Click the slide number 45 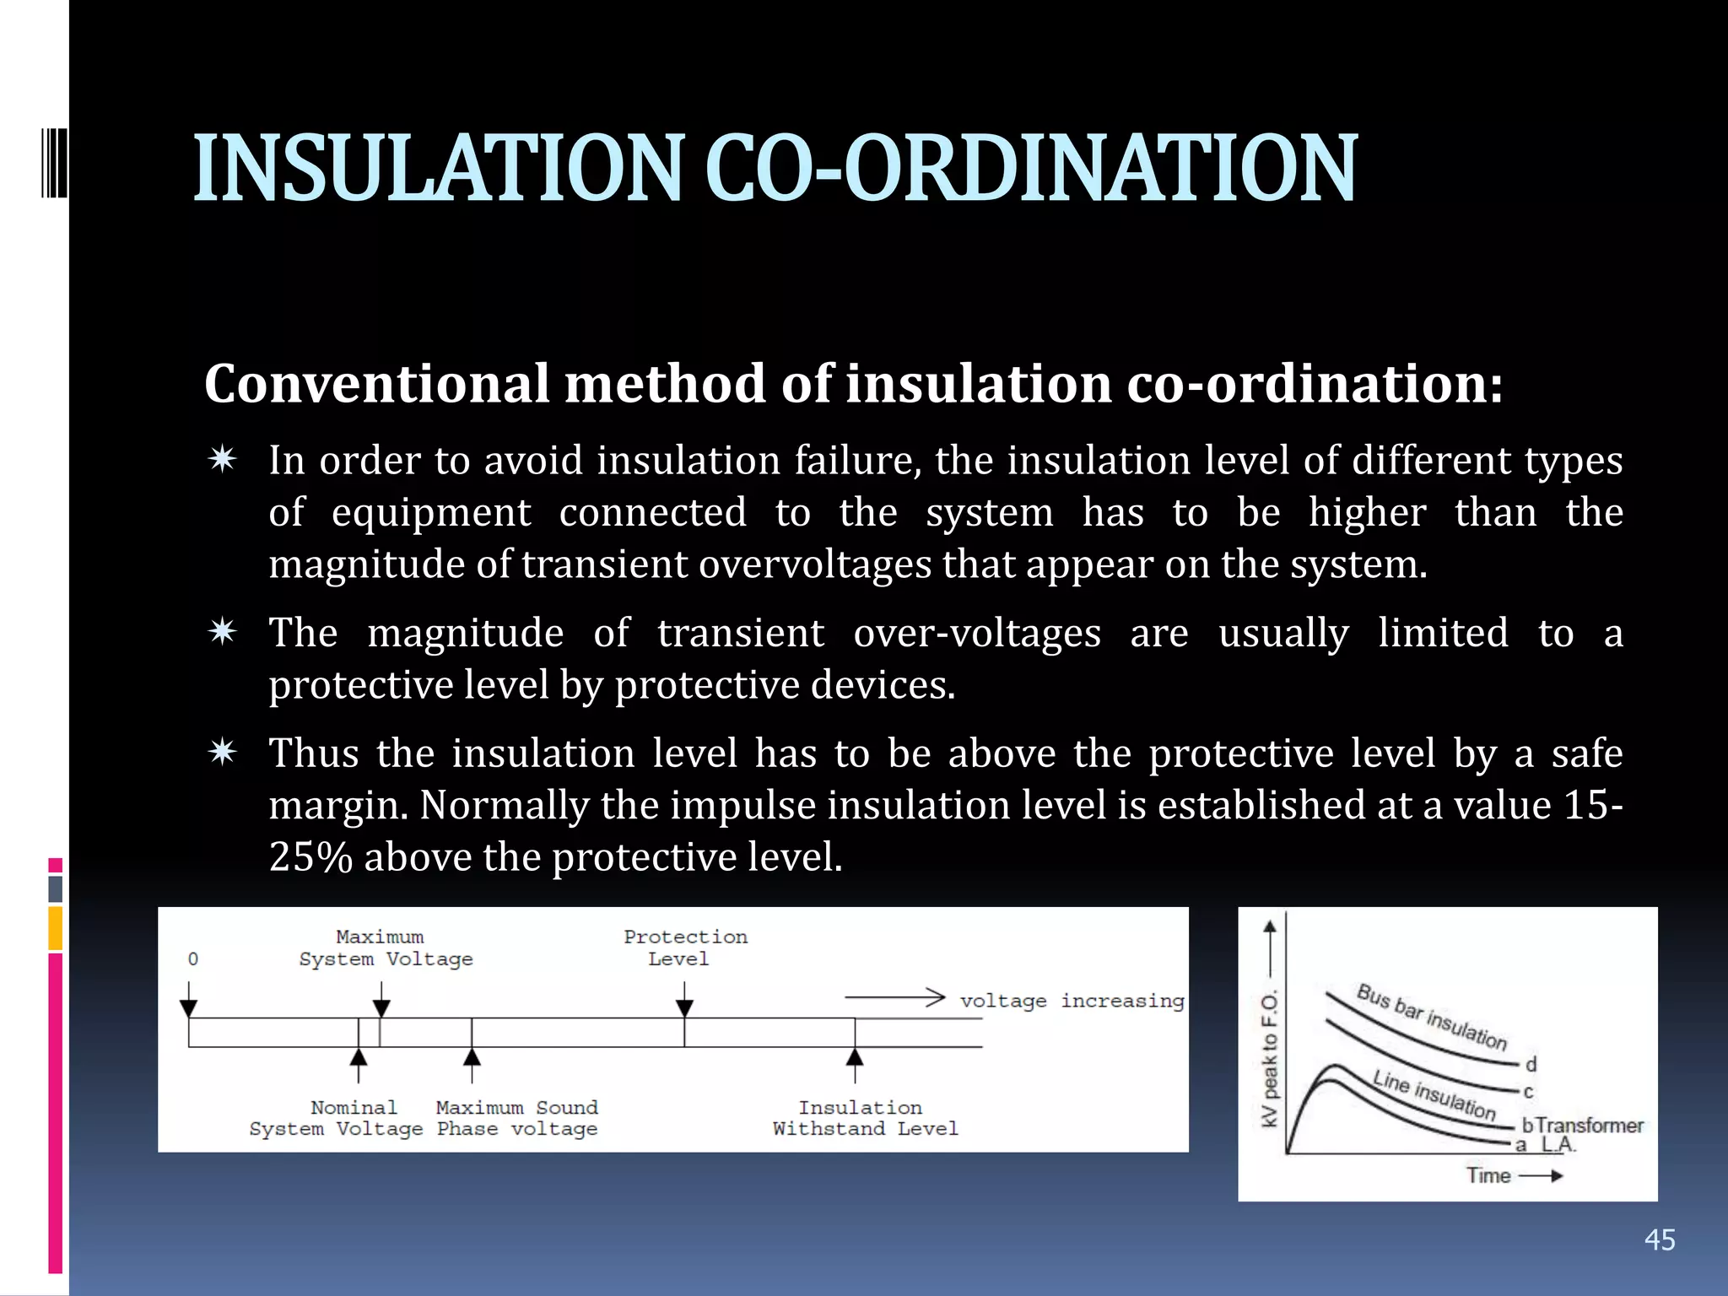coord(1660,1239)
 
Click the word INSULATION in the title coord(436,169)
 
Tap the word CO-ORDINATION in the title coord(1030,169)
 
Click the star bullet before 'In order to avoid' coord(223,460)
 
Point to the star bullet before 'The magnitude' coord(223,632)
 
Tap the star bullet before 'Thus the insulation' coord(223,752)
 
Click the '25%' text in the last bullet coord(310,857)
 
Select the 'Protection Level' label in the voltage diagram coord(684,948)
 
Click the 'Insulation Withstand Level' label coord(864,1118)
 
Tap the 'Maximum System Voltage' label coord(385,948)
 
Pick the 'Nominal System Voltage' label coord(336,1118)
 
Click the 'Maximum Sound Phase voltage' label coord(516,1118)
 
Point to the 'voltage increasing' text coord(1072,1001)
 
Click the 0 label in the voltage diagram coord(193,959)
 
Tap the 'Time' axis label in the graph coord(1488,1175)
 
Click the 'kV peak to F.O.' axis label coord(1270,1059)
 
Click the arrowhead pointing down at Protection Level coord(684,1008)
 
